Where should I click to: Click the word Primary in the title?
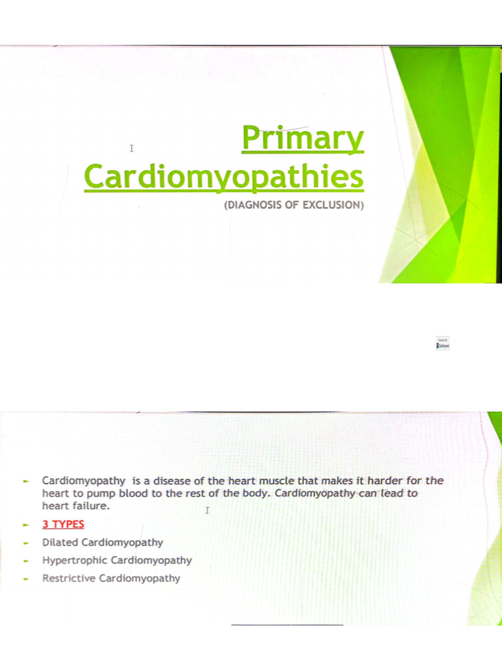click(303, 139)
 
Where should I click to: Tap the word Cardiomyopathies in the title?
click(224, 178)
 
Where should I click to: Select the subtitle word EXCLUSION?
click(332, 205)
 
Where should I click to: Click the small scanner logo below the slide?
click(443, 343)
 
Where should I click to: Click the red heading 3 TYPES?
click(63, 524)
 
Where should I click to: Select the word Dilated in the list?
click(60, 542)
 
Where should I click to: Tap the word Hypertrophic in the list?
click(75, 560)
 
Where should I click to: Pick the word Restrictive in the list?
click(69, 578)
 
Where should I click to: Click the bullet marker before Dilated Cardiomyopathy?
click(26, 543)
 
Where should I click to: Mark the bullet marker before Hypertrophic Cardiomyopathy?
click(26, 561)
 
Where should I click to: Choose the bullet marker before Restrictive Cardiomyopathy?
click(26, 579)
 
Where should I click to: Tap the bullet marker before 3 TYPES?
click(26, 525)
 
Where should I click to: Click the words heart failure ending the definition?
click(73, 506)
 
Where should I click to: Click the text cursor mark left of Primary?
click(131, 148)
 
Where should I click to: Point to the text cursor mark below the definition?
click(207, 510)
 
